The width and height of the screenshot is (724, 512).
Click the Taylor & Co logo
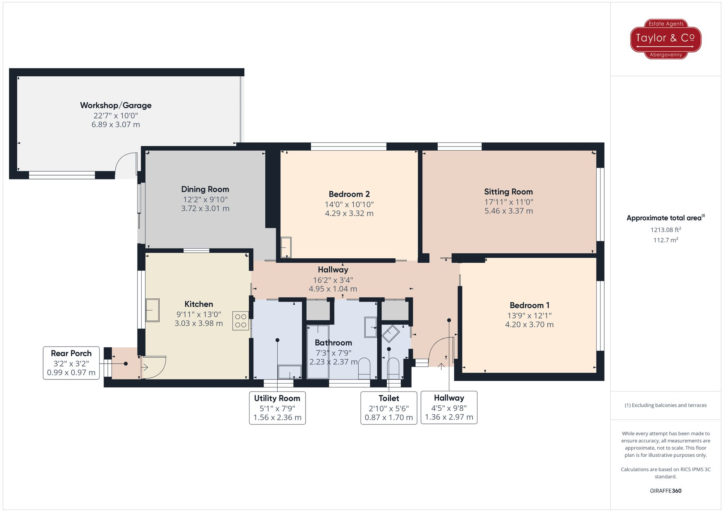click(x=665, y=39)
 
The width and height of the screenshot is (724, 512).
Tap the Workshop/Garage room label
click(x=115, y=105)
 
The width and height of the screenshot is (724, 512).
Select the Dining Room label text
click(x=205, y=189)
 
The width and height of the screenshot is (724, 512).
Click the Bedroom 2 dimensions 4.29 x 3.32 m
click(x=349, y=213)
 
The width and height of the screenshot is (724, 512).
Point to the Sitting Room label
click(x=508, y=192)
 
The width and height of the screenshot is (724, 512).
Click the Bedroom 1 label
click(x=529, y=305)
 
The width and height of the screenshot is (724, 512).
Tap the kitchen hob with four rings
click(x=241, y=321)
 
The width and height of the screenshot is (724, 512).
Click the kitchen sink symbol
click(x=152, y=310)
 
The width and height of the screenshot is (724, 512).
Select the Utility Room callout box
click(x=277, y=408)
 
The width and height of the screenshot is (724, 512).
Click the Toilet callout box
click(x=389, y=408)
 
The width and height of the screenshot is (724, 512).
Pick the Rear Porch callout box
click(x=71, y=363)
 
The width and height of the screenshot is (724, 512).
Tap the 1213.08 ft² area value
click(x=665, y=230)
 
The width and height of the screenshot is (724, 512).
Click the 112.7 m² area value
click(x=665, y=240)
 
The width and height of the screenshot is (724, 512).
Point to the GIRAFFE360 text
click(x=665, y=491)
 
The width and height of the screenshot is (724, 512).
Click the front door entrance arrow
click(x=441, y=367)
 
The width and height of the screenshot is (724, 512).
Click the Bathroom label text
click(x=333, y=343)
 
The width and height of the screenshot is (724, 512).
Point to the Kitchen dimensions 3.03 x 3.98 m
click(x=199, y=323)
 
